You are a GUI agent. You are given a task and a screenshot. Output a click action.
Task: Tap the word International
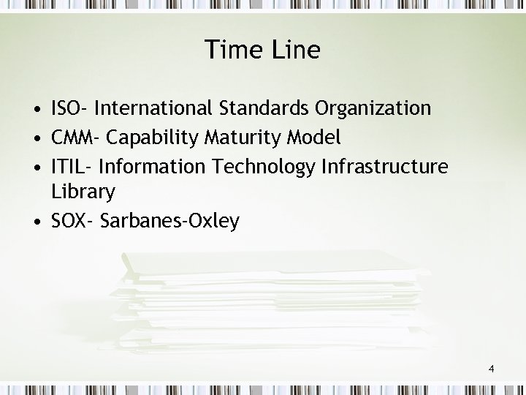(153, 109)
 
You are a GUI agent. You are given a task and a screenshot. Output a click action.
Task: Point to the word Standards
(264, 109)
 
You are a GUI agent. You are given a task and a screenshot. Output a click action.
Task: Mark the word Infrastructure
(384, 166)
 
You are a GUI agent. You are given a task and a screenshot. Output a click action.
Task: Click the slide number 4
(492, 369)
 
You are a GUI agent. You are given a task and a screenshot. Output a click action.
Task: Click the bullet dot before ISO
(36, 110)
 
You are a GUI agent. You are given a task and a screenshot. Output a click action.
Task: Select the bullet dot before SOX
(36, 222)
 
